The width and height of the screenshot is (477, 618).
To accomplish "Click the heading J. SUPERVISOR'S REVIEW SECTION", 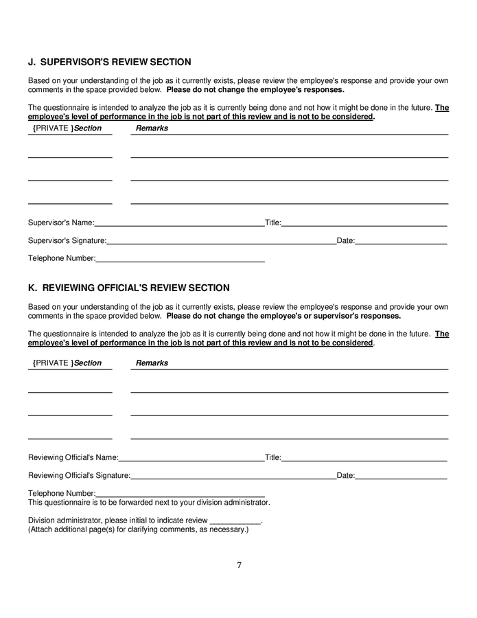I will [109, 62].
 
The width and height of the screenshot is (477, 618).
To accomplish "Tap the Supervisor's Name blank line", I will [179, 223].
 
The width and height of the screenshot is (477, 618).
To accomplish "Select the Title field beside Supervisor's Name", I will [364, 223].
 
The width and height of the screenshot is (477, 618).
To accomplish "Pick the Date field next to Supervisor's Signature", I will [401, 241].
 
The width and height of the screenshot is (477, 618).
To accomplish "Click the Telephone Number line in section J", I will [181, 259].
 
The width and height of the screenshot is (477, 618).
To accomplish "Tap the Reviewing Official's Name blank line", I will [191, 457].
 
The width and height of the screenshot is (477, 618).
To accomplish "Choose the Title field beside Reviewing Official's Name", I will [364, 457].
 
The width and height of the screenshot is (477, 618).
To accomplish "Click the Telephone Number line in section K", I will [181, 493].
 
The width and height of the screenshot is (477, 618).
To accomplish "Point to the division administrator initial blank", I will [234, 520].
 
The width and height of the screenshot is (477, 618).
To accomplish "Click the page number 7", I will [239, 566].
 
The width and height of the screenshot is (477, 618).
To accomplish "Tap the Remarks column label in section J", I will [152, 128].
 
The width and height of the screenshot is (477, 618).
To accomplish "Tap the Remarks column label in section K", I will [152, 363].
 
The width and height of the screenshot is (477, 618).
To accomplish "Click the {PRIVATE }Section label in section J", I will [67, 128].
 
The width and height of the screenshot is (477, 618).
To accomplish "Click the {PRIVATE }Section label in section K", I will [67, 363].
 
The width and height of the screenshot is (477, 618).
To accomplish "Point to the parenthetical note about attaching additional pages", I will [138, 529].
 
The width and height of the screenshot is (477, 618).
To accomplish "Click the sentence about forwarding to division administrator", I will [149, 503].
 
